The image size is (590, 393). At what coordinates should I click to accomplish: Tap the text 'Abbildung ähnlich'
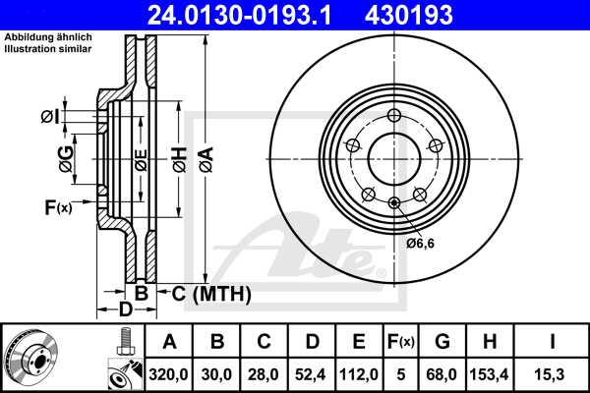45,38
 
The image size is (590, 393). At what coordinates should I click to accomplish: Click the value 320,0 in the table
169,373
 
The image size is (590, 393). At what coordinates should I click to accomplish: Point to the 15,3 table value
553,373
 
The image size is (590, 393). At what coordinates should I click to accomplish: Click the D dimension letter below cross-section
126,310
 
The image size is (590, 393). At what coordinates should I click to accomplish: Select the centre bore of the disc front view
393,157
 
